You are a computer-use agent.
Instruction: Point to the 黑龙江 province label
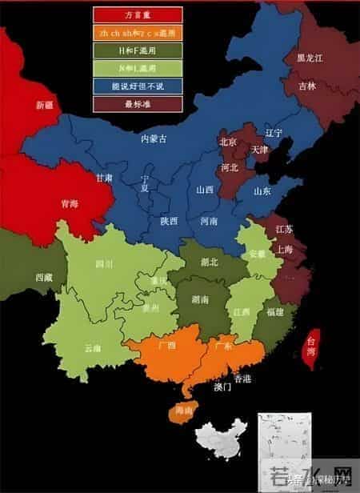point(310,58)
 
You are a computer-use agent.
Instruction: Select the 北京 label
point(228,142)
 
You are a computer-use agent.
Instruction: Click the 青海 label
point(69,204)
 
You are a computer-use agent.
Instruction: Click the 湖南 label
point(200,299)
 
